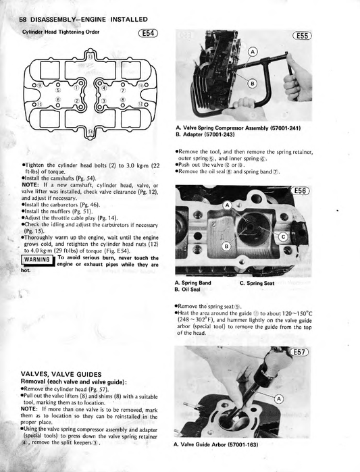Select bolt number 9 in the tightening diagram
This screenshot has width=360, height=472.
[x=38, y=85]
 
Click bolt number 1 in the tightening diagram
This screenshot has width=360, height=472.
[x=76, y=87]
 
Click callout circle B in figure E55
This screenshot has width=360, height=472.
[x=253, y=83]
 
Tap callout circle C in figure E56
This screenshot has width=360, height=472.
[x=282, y=236]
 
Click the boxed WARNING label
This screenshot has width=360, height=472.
[x=36, y=260]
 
